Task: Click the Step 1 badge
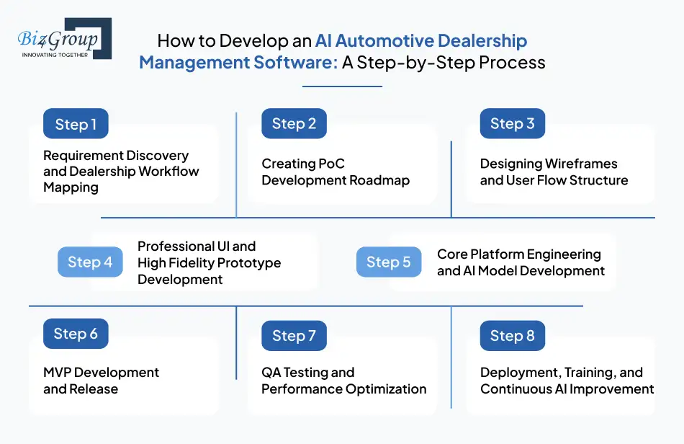[76, 124]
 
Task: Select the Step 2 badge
[294, 124]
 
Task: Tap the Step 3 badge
[512, 124]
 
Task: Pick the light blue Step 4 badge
[90, 262]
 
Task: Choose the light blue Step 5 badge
[388, 262]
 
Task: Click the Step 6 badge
[76, 334]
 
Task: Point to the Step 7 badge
[294, 336]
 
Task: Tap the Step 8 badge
[512, 336]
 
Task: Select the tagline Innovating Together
[55, 54]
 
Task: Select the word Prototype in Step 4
[247, 262]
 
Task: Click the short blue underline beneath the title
[342, 86]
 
